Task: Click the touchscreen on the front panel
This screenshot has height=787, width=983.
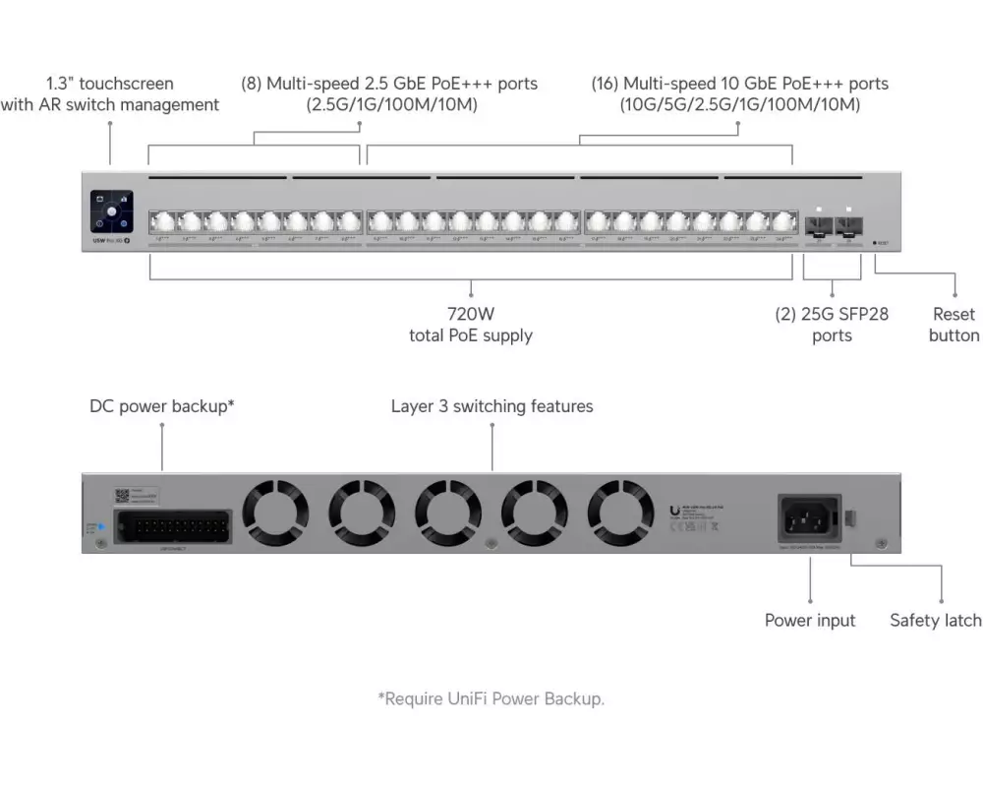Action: tap(111, 212)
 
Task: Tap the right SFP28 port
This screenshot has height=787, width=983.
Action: tap(846, 224)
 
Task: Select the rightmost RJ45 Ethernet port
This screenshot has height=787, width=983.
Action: tap(782, 221)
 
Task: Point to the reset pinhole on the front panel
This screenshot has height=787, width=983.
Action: tap(875, 242)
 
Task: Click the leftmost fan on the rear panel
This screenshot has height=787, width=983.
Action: tap(276, 512)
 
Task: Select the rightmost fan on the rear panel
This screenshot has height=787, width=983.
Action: tap(621, 512)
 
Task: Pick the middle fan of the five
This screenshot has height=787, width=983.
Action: tap(448, 512)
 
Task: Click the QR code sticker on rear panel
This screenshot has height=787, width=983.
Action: tap(122, 496)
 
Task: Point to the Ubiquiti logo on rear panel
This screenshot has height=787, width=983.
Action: tap(671, 510)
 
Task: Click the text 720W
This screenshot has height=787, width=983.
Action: tap(471, 315)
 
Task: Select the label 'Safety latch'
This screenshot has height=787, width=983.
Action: tap(935, 620)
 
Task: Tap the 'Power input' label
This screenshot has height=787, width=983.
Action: tap(810, 620)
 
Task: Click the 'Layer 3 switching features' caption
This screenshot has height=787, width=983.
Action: tap(491, 405)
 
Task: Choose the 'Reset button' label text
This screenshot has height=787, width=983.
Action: tap(954, 325)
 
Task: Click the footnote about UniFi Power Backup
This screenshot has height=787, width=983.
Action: tap(491, 698)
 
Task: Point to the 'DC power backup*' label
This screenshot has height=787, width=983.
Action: tap(162, 405)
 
